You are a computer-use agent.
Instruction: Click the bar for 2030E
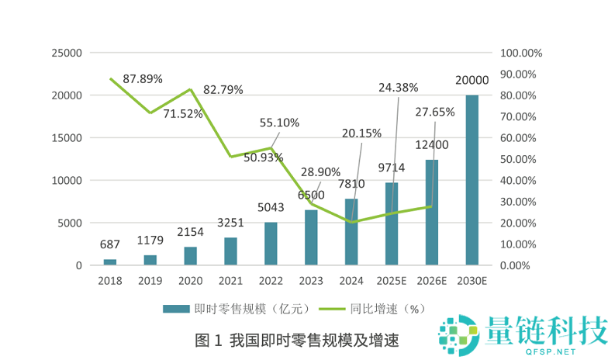point(472,180)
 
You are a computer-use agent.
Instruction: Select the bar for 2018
point(110,262)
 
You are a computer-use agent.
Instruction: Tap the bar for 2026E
point(431,213)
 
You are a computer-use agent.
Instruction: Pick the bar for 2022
point(271,244)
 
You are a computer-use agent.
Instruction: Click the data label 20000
point(472,81)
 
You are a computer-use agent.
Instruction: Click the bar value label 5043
point(271,208)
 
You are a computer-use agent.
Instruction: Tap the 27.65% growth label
point(435,112)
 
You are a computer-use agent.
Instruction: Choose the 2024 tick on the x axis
point(351,280)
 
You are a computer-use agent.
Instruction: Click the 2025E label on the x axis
point(391,280)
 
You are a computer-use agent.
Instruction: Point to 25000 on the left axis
point(66,54)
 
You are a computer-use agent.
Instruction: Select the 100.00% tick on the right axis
point(521,54)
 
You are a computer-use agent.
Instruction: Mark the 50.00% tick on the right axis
point(520,159)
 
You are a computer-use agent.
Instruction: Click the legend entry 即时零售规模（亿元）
point(237,308)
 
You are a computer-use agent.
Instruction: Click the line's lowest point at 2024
point(351,222)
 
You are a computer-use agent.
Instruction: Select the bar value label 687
point(110,244)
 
